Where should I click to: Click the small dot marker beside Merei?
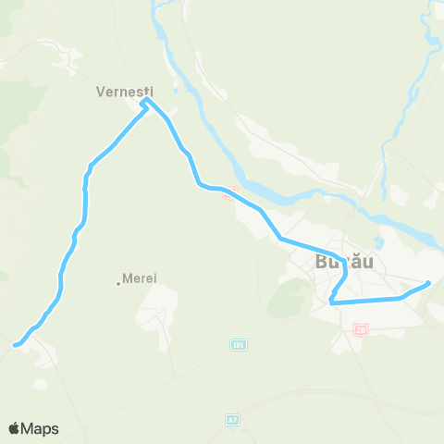point(119,283)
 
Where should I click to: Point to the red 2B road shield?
point(361,328)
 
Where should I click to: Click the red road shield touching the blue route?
point(233,191)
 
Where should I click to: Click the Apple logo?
point(14,428)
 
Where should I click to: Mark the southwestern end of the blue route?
point(14,346)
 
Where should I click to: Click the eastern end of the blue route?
point(429,283)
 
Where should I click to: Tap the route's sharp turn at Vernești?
point(144,104)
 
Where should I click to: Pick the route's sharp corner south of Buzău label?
point(330,301)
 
